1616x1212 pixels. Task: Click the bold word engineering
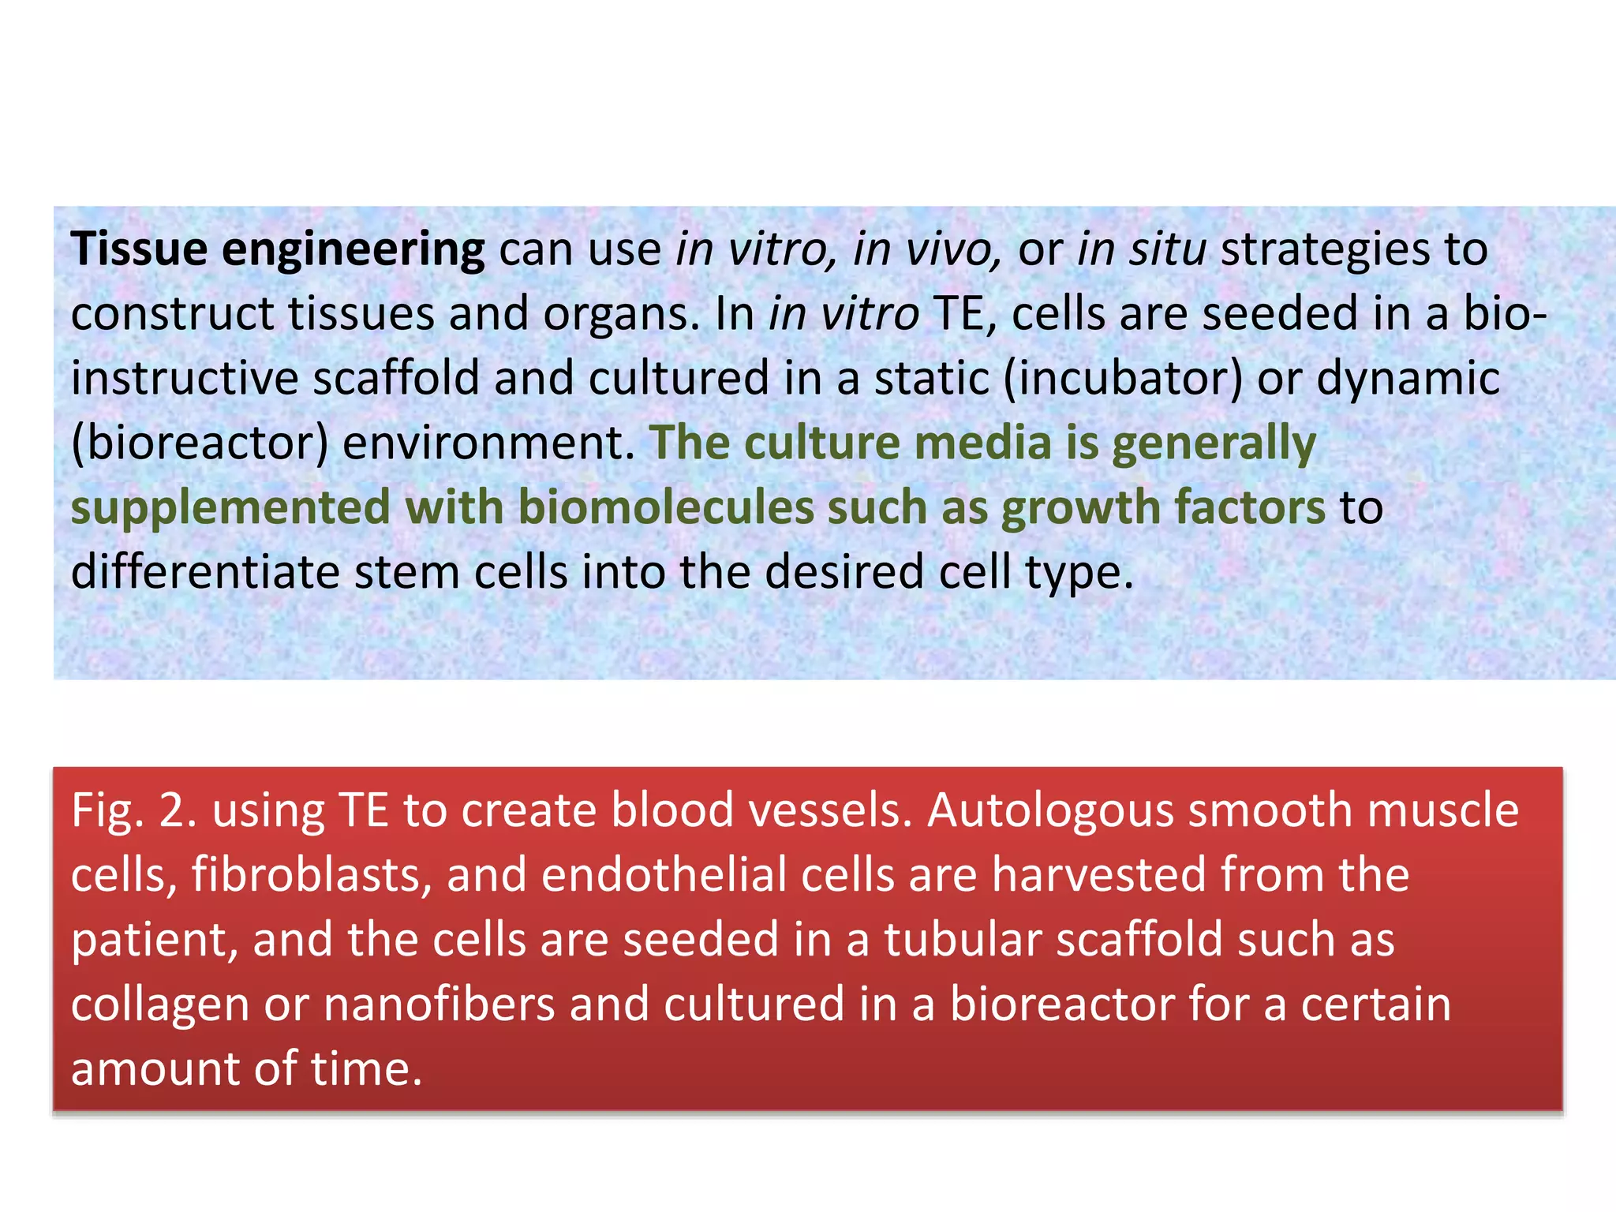click(353, 251)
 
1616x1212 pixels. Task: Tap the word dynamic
click(1408, 379)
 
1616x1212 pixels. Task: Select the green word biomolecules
click(666, 507)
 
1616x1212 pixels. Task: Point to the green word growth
click(1080, 507)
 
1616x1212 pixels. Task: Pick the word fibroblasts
click(311, 875)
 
